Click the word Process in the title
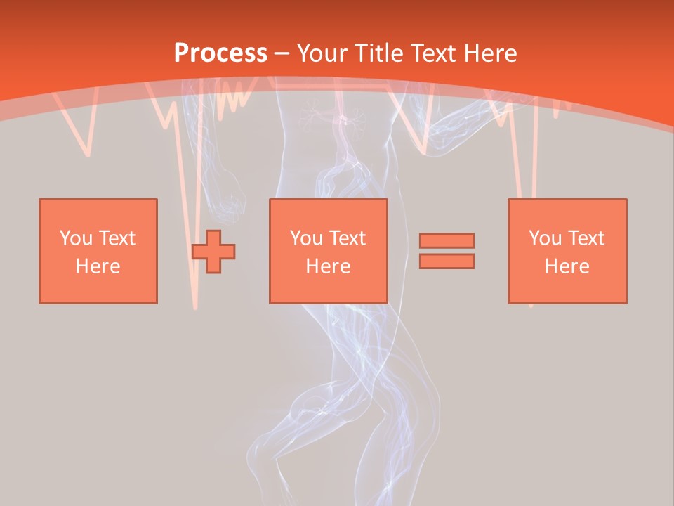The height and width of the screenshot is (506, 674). click(x=220, y=53)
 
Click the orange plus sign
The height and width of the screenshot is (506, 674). click(x=213, y=251)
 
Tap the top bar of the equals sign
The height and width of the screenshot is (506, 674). click(x=447, y=240)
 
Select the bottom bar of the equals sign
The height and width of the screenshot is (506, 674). click(x=447, y=261)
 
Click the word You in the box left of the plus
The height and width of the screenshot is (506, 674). click(x=74, y=238)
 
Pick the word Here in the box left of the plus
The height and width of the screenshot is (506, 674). click(x=98, y=266)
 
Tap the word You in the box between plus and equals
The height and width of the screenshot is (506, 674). click(x=305, y=238)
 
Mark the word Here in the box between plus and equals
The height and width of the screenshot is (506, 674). click(x=328, y=266)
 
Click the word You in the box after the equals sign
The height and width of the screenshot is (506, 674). click(x=544, y=238)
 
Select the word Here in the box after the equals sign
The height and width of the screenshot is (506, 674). click(x=567, y=266)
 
